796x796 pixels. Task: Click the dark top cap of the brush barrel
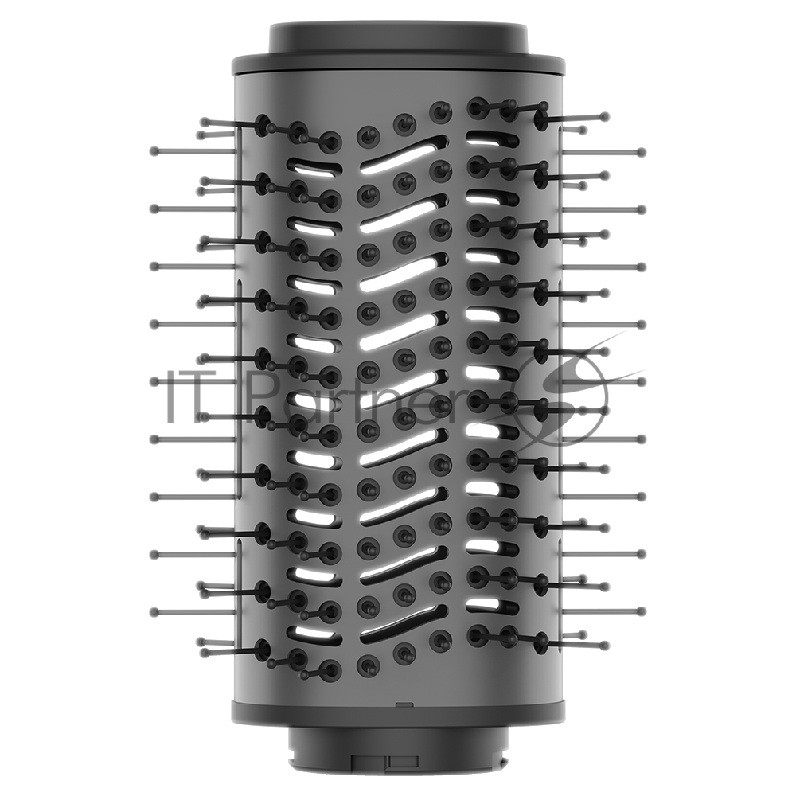tap(398, 37)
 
